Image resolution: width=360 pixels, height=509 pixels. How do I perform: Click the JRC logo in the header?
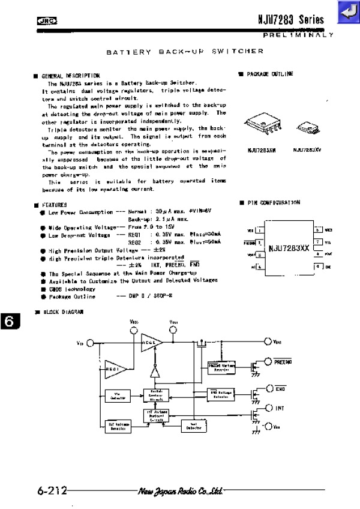point(46,20)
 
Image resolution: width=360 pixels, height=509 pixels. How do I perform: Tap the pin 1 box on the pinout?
point(260,230)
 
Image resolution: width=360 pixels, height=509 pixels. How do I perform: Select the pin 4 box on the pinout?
point(260,267)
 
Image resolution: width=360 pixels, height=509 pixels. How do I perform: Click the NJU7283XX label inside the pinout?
point(289,248)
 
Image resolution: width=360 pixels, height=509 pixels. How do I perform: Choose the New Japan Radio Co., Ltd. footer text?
point(180,491)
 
